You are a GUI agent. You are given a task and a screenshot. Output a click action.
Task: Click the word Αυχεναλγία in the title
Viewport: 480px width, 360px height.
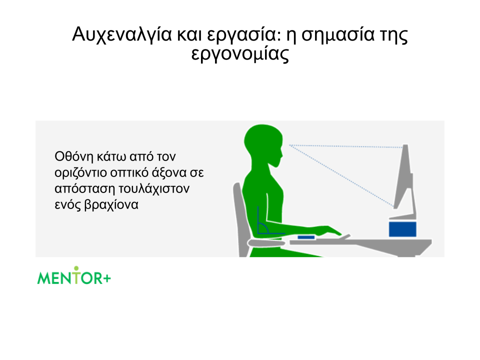(x=122, y=35)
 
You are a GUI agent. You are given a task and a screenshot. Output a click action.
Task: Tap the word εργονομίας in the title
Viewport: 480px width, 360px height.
(x=240, y=54)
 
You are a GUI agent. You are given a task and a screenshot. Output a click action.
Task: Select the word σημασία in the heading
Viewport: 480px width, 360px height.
(x=338, y=34)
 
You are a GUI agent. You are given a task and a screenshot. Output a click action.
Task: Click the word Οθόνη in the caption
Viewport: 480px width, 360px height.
(x=74, y=156)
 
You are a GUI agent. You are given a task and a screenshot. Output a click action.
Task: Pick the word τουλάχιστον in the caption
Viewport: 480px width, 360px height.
(x=154, y=188)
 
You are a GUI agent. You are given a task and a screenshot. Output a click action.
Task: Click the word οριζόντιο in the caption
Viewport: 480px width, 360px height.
(x=81, y=172)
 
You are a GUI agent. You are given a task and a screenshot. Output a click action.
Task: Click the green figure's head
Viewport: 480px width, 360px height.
(x=263, y=144)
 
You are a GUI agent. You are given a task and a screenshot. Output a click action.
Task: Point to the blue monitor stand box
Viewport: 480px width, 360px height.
(x=402, y=229)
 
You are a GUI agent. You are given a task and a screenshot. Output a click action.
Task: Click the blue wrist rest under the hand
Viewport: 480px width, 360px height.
(x=306, y=237)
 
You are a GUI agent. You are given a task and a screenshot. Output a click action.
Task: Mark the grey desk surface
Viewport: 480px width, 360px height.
(x=360, y=244)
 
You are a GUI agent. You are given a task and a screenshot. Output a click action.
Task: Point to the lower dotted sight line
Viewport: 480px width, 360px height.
(x=341, y=176)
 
